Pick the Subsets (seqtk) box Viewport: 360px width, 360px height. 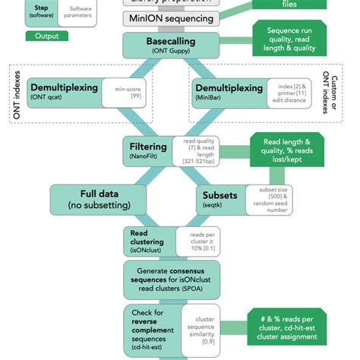(x=220, y=199)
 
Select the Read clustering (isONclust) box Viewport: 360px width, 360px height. (x=147, y=242)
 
